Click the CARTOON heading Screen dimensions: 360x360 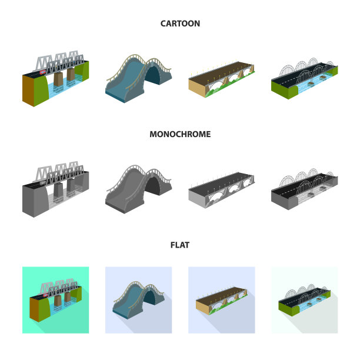180,24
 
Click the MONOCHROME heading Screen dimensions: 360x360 180,134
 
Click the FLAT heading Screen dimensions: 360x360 180,245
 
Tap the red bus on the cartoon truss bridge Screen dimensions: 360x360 43,72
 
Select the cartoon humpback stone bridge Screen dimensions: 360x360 138,78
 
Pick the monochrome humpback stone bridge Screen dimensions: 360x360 138,189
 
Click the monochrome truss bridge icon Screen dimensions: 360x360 55,189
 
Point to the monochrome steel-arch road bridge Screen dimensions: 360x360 305,189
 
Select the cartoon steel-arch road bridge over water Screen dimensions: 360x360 305,78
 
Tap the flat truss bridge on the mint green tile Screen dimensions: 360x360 55,300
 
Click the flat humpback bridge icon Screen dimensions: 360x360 138,300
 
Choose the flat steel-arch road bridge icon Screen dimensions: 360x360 305,301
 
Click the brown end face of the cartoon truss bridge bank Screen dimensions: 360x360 28,91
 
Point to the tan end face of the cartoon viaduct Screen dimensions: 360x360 196,88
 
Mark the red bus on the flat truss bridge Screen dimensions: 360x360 45,295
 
